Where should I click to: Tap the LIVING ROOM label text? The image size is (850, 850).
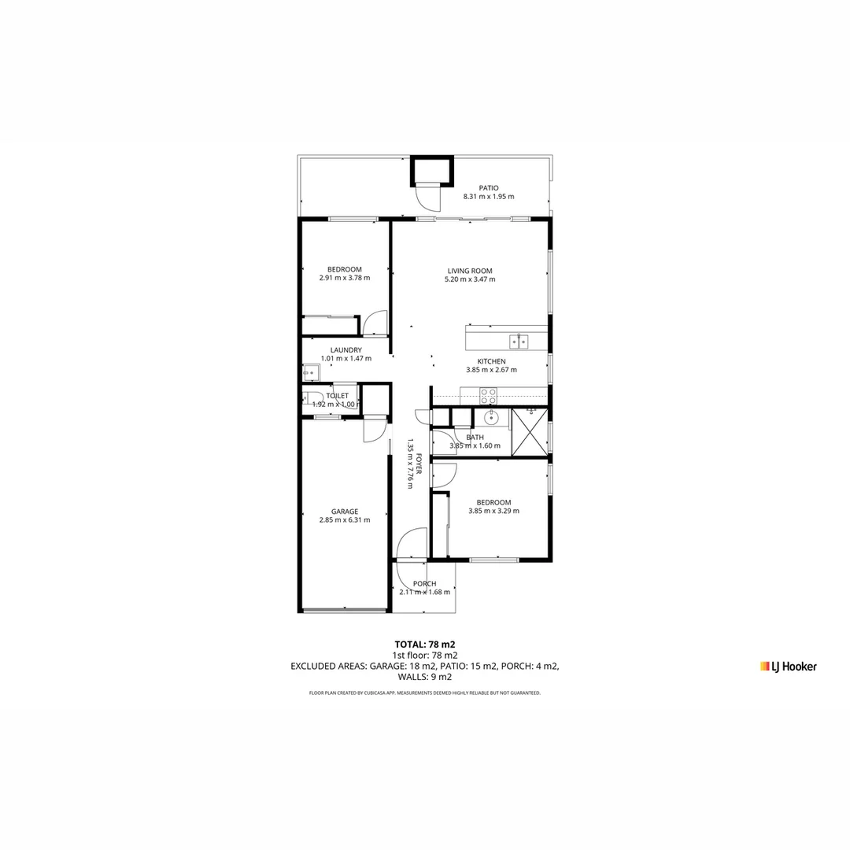pyautogui.click(x=470, y=271)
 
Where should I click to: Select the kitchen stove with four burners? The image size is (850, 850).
pyautogui.click(x=489, y=396)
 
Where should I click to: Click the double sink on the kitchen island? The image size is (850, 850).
pyautogui.click(x=518, y=342)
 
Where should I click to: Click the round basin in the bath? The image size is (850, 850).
pyautogui.click(x=492, y=417)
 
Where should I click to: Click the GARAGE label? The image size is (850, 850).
pyautogui.click(x=345, y=512)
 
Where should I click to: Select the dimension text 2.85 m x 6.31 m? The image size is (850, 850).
pyautogui.click(x=345, y=520)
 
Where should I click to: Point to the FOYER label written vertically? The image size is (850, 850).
pyautogui.click(x=419, y=464)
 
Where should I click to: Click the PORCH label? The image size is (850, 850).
pyautogui.click(x=424, y=584)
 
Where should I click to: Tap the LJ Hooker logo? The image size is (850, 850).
pyautogui.click(x=789, y=667)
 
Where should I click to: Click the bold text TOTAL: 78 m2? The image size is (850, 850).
pyautogui.click(x=425, y=644)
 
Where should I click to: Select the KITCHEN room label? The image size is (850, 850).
pyautogui.click(x=490, y=361)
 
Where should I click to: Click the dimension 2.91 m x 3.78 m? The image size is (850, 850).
pyautogui.click(x=345, y=278)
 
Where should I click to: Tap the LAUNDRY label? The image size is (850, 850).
pyautogui.click(x=346, y=350)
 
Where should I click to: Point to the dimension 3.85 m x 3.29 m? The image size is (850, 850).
pyautogui.click(x=493, y=511)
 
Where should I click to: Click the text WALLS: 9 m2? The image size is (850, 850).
pyautogui.click(x=425, y=677)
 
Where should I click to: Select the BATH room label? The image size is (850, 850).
pyautogui.click(x=475, y=437)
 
